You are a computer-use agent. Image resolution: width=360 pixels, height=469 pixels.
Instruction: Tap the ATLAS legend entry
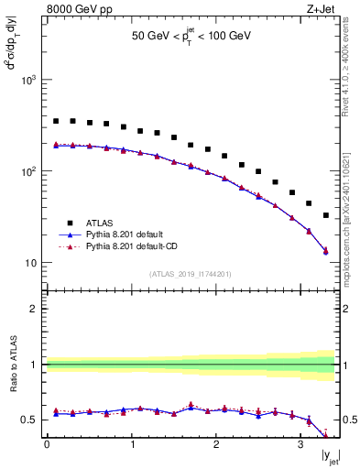pos(97,222)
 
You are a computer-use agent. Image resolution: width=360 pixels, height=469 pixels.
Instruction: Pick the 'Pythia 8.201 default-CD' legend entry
pos(125,246)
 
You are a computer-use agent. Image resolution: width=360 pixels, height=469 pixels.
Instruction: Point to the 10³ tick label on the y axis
pos(27,81)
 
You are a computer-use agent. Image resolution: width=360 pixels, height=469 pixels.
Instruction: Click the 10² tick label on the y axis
pos(27,171)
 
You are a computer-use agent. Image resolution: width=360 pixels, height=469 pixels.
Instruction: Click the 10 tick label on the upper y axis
pos(29,263)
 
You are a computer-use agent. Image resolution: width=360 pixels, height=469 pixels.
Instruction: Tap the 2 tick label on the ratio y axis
pos(34,309)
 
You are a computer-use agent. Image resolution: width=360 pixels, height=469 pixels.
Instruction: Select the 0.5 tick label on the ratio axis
pos(30,420)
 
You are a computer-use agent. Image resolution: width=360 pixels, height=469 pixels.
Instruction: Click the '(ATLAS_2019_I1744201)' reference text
pos(191,273)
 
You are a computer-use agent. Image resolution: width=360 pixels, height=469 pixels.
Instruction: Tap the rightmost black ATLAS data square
pos(326,215)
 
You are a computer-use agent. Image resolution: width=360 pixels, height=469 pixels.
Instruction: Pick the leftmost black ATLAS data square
pos(56,121)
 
